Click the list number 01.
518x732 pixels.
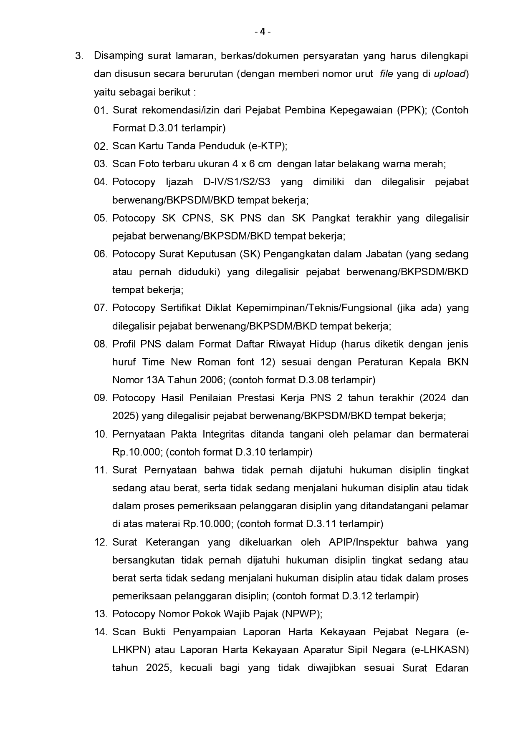[101, 111]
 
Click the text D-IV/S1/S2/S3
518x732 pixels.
[237, 182]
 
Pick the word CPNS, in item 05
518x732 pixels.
[196, 218]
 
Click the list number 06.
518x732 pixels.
[101, 254]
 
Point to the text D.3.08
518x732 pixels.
[313, 380]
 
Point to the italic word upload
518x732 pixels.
[449, 74]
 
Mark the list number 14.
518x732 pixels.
[101, 632]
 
